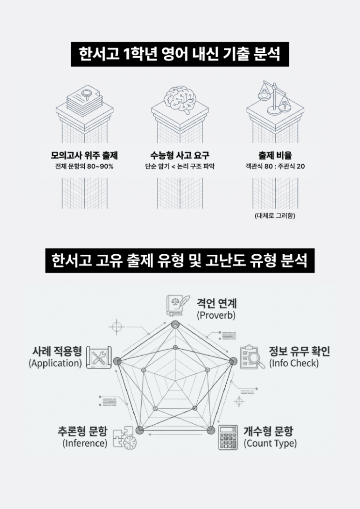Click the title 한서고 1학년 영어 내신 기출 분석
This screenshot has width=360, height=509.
(x=180, y=54)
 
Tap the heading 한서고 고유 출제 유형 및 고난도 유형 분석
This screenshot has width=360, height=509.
(x=180, y=261)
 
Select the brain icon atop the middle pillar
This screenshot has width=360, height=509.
(x=180, y=100)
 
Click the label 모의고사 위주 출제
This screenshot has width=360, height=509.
(x=84, y=155)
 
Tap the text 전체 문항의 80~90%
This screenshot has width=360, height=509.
(x=84, y=167)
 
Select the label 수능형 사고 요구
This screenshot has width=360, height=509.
(x=180, y=155)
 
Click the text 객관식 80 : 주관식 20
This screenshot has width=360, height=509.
(x=275, y=167)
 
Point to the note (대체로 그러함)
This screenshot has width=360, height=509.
(x=275, y=216)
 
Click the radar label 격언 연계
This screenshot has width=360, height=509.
(x=217, y=303)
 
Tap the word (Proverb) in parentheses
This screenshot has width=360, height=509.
(x=216, y=315)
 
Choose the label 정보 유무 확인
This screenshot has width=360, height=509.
(x=299, y=351)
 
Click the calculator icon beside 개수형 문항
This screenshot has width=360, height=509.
(x=228, y=437)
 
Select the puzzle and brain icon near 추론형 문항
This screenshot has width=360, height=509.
(x=125, y=438)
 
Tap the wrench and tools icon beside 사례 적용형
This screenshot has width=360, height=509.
(x=99, y=357)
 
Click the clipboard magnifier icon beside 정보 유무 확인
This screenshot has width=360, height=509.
(x=252, y=357)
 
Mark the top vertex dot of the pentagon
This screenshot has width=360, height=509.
(x=175, y=324)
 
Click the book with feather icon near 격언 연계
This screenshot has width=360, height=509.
(x=177, y=306)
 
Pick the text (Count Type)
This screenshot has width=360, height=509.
(x=270, y=444)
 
